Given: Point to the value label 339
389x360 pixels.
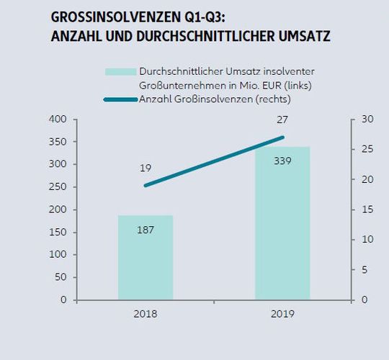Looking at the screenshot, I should (x=282, y=161).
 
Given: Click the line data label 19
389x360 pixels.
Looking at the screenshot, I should (x=146, y=168).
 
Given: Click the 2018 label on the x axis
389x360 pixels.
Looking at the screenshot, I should (x=146, y=314).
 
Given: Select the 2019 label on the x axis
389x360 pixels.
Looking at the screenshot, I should (x=282, y=314).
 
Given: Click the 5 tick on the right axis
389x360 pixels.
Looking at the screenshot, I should (x=364, y=270).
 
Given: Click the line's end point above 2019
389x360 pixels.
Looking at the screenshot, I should (x=282, y=137).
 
